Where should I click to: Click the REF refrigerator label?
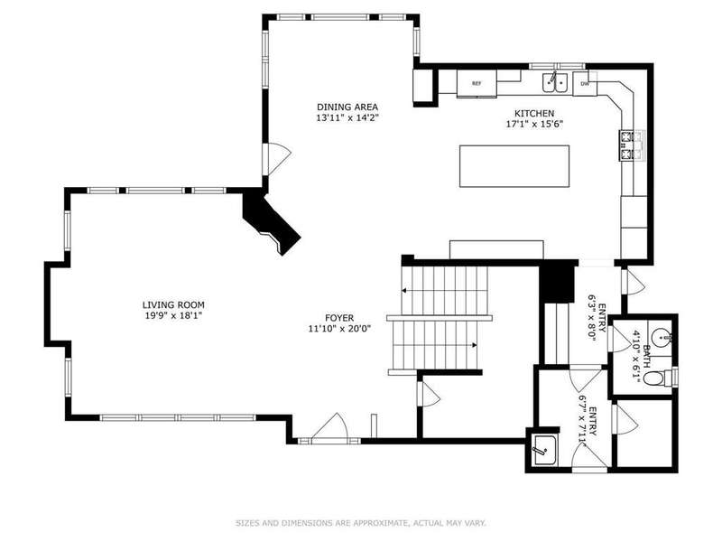[477, 83]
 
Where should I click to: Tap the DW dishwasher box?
[585, 84]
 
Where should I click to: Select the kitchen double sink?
[555, 82]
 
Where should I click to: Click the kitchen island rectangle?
[514, 166]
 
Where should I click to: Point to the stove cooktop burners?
[626, 145]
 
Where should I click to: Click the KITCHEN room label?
[534, 113]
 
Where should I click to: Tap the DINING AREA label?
[347, 107]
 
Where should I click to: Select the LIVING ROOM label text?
[173, 304]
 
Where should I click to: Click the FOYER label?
[339, 318]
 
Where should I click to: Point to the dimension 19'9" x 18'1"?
[173, 315]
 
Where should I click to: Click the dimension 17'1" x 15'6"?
[534, 124]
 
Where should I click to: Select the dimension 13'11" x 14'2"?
[347, 118]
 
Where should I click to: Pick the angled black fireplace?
[272, 222]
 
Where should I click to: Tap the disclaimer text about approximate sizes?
[361, 523]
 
